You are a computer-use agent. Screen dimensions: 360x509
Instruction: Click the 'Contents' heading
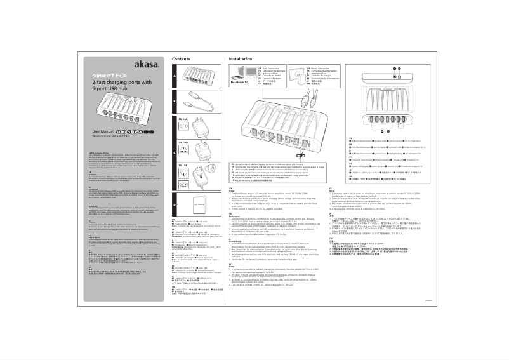click(182, 58)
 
